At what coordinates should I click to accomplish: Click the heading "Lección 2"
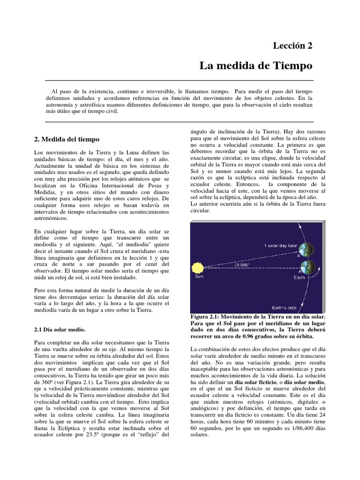point(292,45)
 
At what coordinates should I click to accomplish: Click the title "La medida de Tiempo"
point(255,66)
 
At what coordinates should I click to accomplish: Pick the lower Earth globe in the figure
point(308,268)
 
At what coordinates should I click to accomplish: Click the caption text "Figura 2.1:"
point(206,317)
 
